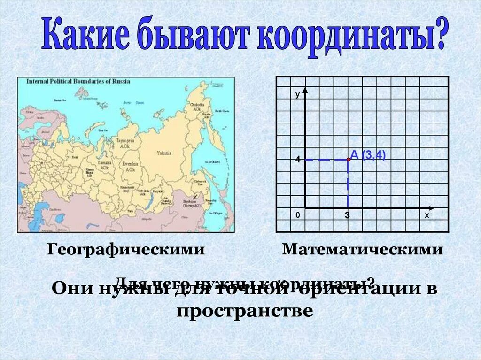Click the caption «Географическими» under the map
pyautogui.click(x=126, y=250)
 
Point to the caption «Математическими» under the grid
pyautogui.click(x=362, y=250)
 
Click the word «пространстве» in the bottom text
pyautogui.click(x=245, y=311)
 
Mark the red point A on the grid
pyautogui.click(x=348, y=160)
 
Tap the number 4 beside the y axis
pyautogui.click(x=297, y=160)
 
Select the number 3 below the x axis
pyautogui.click(x=347, y=215)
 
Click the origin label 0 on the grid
pyautogui.click(x=298, y=215)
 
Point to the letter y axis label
pyautogui.click(x=297, y=94)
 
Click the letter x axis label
pyautogui.click(x=427, y=215)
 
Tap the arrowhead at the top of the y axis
pyautogui.click(x=305, y=90)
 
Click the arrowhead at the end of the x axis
pyautogui.click(x=431, y=207)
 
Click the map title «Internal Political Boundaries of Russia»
pyautogui.click(x=78, y=81)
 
